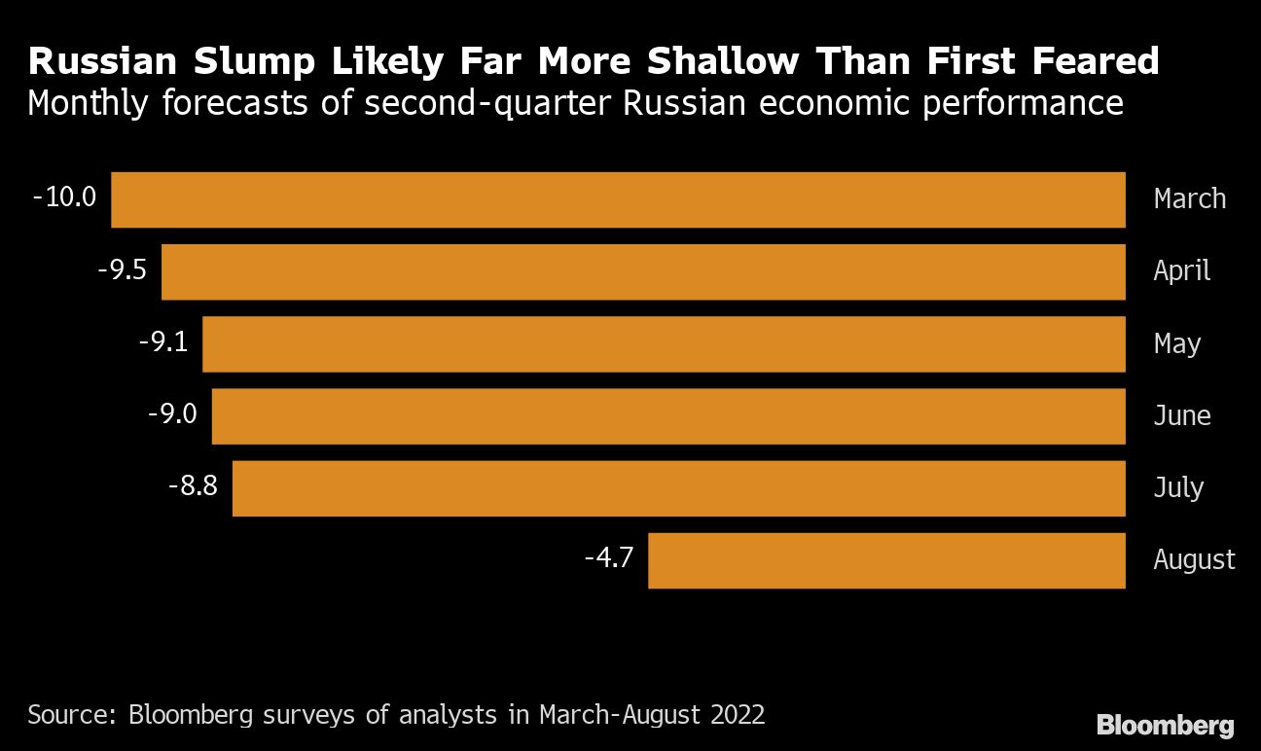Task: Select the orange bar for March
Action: [x=618, y=199]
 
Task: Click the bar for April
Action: [x=643, y=271]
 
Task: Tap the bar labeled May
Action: [x=664, y=343]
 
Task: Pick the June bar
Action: [x=668, y=415]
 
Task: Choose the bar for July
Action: [x=678, y=487]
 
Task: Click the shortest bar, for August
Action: [x=886, y=559]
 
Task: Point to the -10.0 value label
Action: [x=65, y=197]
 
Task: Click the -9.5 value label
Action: [x=122, y=269]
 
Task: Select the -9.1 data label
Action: [x=163, y=341]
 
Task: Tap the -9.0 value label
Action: [x=172, y=413]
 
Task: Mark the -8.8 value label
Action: [x=193, y=485]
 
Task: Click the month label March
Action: [x=1189, y=198]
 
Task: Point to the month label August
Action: [x=1194, y=559]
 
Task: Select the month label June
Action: [x=1181, y=416]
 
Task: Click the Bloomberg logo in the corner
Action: [x=1165, y=725]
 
